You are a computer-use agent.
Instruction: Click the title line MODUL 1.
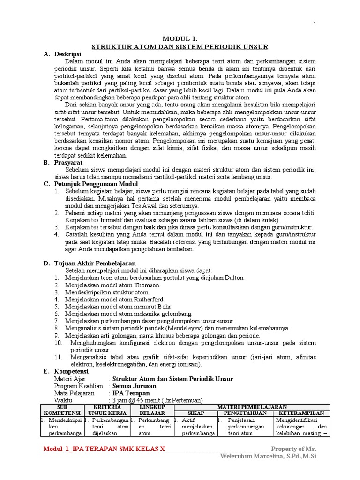(180, 39)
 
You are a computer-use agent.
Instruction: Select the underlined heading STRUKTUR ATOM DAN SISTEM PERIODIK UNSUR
(180, 47)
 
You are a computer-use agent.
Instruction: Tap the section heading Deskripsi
(68, 54)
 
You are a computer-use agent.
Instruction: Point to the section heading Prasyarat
(68, 162)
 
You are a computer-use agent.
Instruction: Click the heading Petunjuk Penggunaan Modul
(92, 184)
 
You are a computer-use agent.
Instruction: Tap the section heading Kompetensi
(71, 371)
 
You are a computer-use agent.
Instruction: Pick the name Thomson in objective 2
(146, 285)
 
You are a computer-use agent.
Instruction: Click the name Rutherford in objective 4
(149, 299)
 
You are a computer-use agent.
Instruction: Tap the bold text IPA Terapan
(131, 393)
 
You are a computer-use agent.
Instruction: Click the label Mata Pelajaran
(74, 393)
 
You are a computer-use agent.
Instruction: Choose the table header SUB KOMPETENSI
(62, 410)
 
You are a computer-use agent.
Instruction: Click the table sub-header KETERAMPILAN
(301, 413)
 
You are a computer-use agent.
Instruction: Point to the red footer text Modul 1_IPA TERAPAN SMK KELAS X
(104, 449)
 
